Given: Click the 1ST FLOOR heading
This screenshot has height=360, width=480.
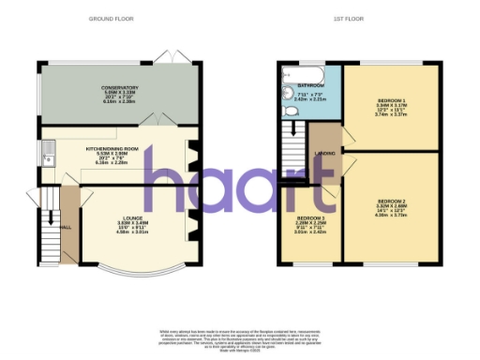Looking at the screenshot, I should tap(350, 19).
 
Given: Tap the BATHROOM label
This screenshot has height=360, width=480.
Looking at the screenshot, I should tap(310, 84).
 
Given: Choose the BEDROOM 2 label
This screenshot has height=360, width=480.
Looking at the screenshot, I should tap(391, 202).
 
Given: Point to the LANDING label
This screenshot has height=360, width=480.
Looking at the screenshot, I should tap(325, 154).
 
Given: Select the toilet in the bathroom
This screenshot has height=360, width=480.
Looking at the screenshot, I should tap(289, 111).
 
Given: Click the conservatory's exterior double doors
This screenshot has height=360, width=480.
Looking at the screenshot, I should tap(170, 57).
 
